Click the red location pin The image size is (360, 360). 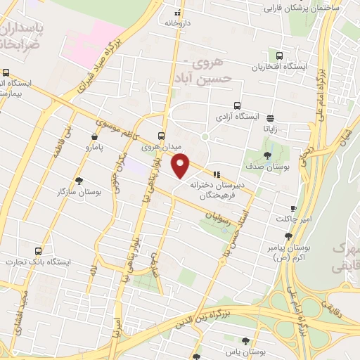(181, 165)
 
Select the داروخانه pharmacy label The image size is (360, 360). (179, 22)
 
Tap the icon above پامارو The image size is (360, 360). (94, 136)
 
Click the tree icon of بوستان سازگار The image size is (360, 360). (79, 181)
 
